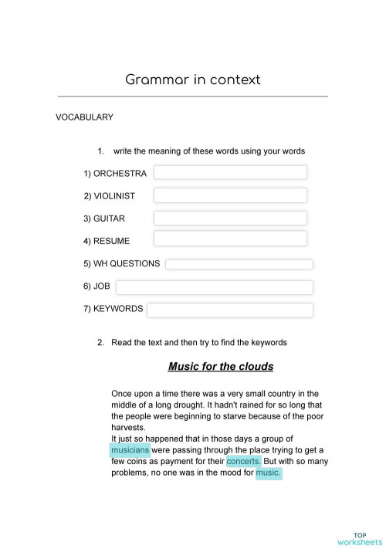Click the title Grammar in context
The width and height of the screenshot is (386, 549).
[x=192, y=80]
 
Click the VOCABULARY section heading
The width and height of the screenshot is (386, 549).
[x=84, y=117]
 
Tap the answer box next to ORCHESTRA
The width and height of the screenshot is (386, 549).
[x=230, y=172]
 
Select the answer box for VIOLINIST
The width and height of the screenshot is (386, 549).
[x=230, y=195]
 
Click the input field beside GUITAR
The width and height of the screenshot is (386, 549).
[x=230, y=218]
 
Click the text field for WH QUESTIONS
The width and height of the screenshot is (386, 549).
[x=239, y=264]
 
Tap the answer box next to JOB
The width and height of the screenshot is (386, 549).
[x=214, y=287]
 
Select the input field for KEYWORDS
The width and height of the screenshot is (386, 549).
[x=229, y=310]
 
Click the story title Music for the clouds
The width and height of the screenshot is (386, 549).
[x=220, y=367]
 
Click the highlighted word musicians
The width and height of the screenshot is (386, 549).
[x=130, y=449]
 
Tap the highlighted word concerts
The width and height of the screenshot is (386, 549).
[x=244, y=461]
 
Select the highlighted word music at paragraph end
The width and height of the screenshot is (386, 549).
[x=269, y=473]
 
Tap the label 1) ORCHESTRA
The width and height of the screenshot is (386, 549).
[x=115, y=174]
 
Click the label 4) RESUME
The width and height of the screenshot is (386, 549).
[x=107, y=241]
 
